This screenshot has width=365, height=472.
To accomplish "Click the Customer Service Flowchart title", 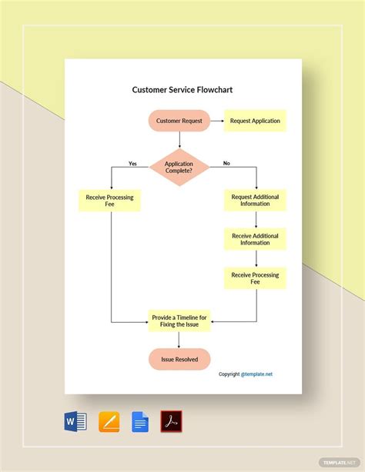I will coord(182,90).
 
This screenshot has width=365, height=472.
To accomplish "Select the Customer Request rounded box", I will coord(179,121).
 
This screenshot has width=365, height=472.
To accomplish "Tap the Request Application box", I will coord(255,121).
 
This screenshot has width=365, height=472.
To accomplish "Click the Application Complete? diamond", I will coord(179,168).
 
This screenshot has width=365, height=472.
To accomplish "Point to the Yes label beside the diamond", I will coord(132,163).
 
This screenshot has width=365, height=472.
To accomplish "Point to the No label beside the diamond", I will coord(226,163).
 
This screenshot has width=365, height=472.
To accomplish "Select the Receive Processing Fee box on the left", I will coord(111,201).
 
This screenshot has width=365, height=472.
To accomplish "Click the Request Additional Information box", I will coord(255,201).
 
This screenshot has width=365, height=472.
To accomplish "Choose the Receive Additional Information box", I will coord(255,238).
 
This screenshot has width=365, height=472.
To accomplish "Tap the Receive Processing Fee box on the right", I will coord(255,278).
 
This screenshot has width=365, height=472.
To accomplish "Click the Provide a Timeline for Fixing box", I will coord(179,320).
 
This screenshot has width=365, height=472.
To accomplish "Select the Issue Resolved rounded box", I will coord(179,359).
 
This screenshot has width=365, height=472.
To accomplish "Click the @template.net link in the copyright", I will coord(256,374).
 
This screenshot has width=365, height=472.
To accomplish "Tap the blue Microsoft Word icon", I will coord(75,421).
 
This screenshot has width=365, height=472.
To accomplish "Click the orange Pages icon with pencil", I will coord(109,421).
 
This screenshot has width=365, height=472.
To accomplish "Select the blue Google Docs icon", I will coord(140,421).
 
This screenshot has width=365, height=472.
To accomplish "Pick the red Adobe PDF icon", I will coord(171,421).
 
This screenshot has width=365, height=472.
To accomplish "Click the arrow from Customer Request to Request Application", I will coord(216,121).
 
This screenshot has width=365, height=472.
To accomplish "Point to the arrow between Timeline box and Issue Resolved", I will coord(179,339).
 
